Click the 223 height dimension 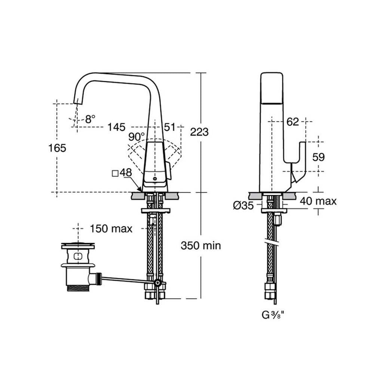tap(199, 132)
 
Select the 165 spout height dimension tap(57, 148)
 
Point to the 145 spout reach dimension tap(116, 127)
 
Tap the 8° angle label tap(90, 119)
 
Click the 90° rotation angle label tap(137, 137)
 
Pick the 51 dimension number tap(170, 127)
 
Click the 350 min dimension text tap(201, 245)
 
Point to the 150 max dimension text tap(111, 229)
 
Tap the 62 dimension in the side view tap(292, 122)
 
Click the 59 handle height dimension tap(318, 157)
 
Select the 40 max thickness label tap(318, 201)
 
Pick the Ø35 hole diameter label tap(243, 205)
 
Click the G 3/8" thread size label tap(273, 315)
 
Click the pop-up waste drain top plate tap(78, 245)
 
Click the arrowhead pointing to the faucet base tap(140, 189)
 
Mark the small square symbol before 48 tap(115, 174)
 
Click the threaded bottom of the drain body tap(78, 288)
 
